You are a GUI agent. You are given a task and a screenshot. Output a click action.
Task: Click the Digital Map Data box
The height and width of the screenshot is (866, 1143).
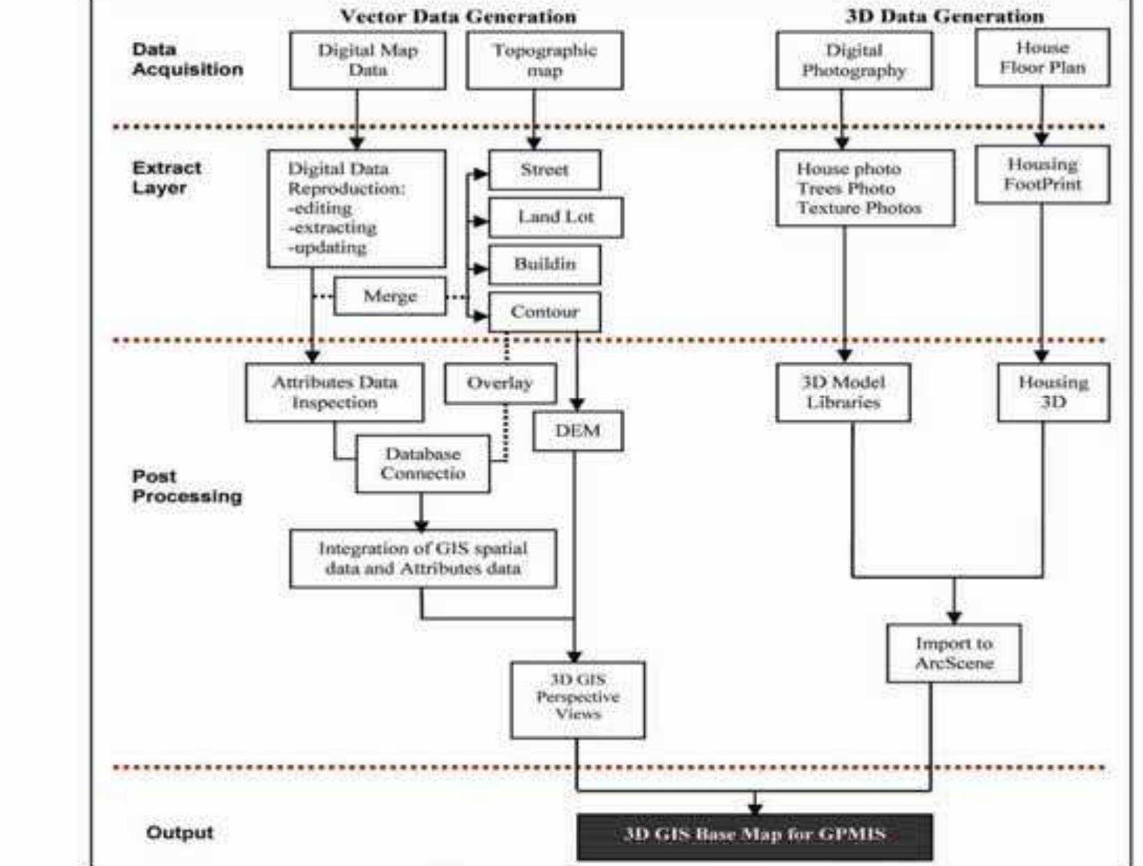(x=368, y=61)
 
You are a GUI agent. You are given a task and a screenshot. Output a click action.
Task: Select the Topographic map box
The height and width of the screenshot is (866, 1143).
(x=544, y=61)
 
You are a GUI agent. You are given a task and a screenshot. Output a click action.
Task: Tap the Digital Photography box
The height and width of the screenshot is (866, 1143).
(x=853, y=61)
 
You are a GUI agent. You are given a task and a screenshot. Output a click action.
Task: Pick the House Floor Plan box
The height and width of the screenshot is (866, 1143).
(x=1042, y=58)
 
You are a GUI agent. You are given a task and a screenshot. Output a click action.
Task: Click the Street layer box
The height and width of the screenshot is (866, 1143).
(x=544, y=170)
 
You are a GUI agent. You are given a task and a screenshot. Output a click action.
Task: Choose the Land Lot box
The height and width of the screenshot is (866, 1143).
(x=555, y=217)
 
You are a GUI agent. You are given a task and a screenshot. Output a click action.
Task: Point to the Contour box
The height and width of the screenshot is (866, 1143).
(x=544, y=312)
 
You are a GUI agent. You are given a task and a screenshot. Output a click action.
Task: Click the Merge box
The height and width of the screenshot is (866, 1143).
(x=389, y=296)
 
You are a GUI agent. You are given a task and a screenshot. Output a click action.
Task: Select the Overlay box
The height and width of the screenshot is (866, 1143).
(x=500, y=383)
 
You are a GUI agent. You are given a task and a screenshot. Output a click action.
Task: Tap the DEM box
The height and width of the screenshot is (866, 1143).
(x=578, y=431)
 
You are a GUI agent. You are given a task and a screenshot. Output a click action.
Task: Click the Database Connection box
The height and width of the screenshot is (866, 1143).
(x=422, y=464)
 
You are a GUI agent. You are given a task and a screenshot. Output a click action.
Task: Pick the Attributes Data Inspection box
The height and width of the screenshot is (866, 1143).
(x=334, y=392)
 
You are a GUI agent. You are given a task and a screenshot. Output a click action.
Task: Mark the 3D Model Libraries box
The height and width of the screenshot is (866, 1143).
(x=843, y=392)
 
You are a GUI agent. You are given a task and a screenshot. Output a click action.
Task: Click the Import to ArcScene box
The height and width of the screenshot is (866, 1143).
(x=954, y=653)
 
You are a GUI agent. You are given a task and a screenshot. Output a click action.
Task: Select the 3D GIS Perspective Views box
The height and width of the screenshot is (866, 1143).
(x=578, y=699)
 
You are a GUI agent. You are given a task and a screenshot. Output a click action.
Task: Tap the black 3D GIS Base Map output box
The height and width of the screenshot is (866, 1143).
(x=754, y=835)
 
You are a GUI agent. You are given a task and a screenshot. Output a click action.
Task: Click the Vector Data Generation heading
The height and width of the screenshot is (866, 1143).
(x=458, y=17)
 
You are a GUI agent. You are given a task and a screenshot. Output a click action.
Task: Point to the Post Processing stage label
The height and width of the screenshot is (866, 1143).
(x=187, y=486)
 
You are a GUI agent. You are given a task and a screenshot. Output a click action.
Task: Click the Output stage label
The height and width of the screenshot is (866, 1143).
(x=179, y=833)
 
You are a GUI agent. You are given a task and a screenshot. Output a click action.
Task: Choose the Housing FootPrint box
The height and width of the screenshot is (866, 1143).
(x=1042, y=174)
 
